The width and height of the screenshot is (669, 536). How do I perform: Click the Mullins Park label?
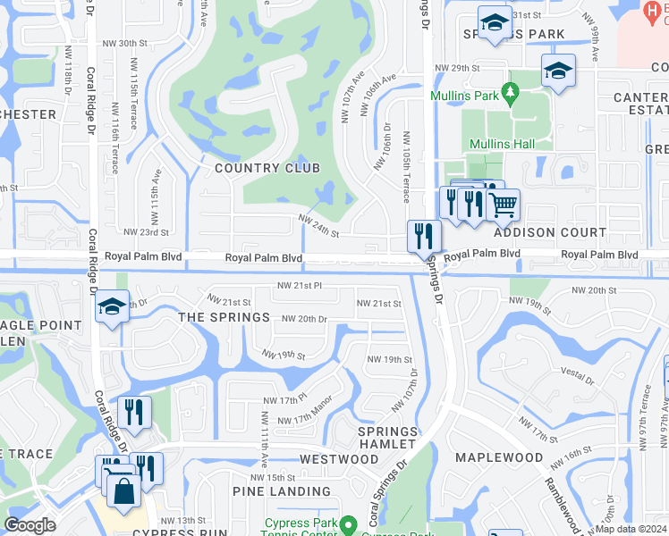[x=463, y=96]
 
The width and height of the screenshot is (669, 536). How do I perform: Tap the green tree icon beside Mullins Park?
[x=510, y=92]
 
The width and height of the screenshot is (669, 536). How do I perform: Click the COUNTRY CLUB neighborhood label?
[x=267, y=168]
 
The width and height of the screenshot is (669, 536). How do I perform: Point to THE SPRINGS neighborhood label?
[x=224, y=317]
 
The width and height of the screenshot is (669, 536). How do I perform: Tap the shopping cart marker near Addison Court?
[x=504, y=205]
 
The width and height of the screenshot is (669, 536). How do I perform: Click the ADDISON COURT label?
[x=550, y=232]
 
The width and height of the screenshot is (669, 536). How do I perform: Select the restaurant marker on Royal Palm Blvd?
[x=422, y=237]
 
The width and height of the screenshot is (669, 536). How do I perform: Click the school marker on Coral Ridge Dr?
[x=111, y=308]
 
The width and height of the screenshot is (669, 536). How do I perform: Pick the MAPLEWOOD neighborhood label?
[x=499, y=457]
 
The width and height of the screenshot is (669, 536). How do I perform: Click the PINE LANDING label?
[x=282, y=491]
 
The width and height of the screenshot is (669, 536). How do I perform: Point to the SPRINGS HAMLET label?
[x=387, y=438]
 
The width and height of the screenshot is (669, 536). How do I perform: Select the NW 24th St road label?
[x=318, y=227]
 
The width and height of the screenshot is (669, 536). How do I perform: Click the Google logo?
[x=30, y=525]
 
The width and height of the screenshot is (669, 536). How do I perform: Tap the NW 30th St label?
[x=124, y=43]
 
